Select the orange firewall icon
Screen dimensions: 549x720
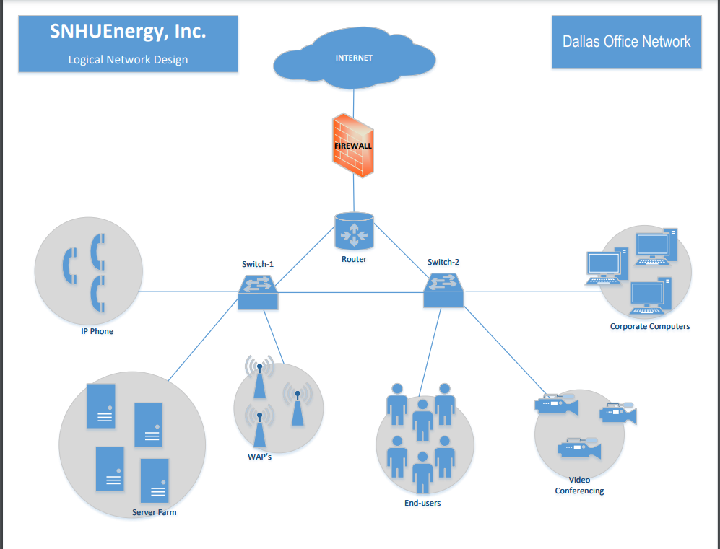click(353, 145)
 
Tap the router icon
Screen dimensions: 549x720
click(354, 231)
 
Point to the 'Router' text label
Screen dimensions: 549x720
click(354, 259)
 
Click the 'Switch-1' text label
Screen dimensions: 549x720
click(258, 264)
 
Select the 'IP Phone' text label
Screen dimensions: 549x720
click(97, 332)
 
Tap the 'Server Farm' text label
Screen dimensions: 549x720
click(154, 512)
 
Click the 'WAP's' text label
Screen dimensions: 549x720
click(259, 457)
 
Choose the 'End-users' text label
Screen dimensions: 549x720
click(422, 503)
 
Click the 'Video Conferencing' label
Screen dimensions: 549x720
click(579, 486)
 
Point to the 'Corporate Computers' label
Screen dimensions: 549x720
click(649, 326)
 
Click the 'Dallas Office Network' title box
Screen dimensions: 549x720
click(626, 42)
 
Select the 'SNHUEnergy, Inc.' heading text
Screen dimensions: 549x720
click(128, 31)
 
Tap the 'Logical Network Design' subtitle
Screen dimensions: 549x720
click(128, 60)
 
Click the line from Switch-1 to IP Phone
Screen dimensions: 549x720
click(188, 291)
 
